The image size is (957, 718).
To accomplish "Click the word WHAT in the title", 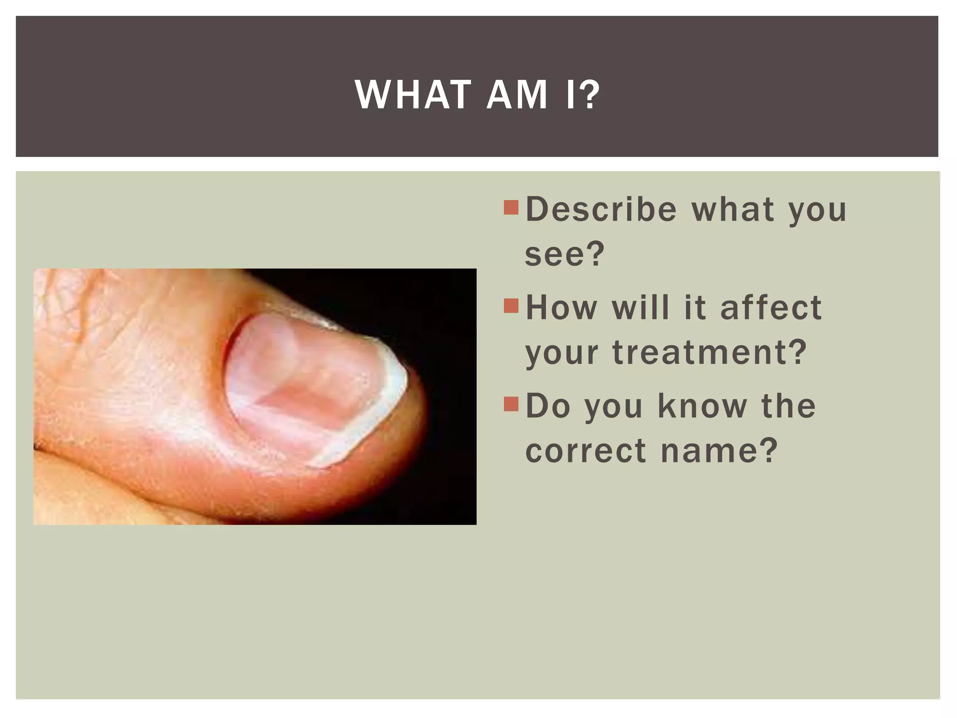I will [x=413, y=95].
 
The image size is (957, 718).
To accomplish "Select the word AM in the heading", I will [x=517, y=95].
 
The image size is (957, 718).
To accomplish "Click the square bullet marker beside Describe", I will [x=511, y=208].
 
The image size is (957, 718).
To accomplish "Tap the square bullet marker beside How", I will [x=511, y=306].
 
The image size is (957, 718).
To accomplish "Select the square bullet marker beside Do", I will [x=511, y=404].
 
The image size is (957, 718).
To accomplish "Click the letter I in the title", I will [x=570, y=95].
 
